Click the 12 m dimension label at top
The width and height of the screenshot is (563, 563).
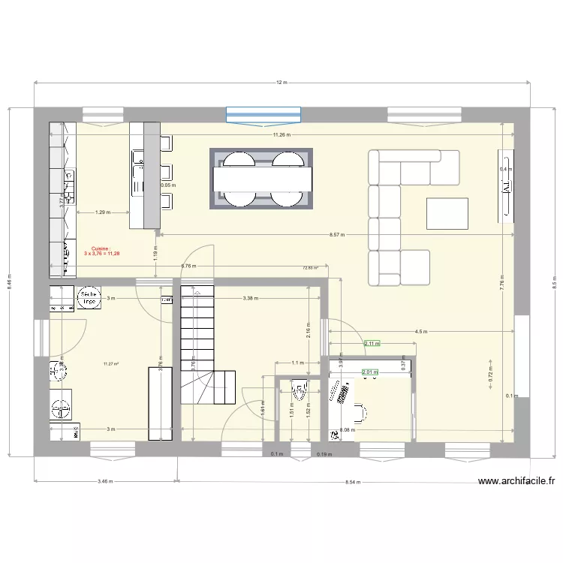coord(281,83)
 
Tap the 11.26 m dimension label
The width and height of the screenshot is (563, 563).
coord(281,135)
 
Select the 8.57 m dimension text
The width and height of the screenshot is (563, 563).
coord(337,235)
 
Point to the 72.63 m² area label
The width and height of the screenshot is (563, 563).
coord(310,267)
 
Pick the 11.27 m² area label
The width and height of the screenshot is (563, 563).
coord(111,365)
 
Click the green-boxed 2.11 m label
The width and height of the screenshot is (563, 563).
coord(372,344)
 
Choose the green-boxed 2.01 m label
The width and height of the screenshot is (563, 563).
coord(369,372)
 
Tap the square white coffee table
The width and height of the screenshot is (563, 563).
coord(448,212)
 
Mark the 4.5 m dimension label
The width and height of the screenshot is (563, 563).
coord(420,331)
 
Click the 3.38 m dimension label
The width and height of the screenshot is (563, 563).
coord(251,298)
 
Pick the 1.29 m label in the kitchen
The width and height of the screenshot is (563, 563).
coord(102,212)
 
